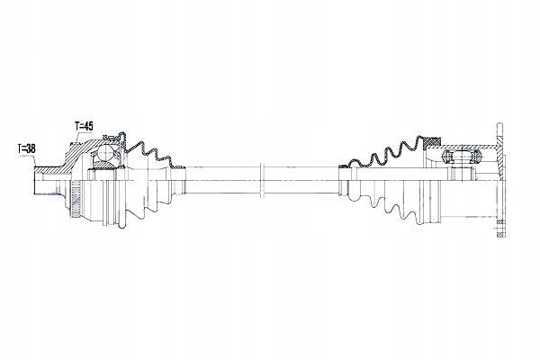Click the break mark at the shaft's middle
coord(260,176)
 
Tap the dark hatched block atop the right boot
coord(433,142)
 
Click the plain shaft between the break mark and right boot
coord(301,176)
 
